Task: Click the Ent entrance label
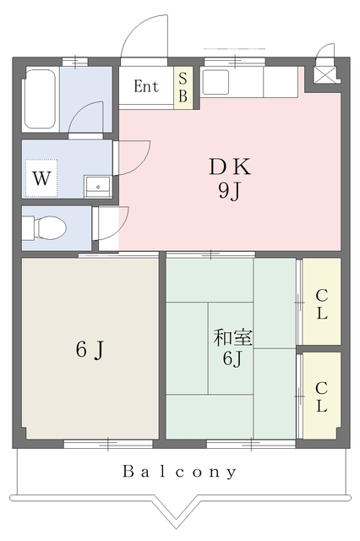(146, 86)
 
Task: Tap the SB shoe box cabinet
(183, 88)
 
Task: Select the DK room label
(230, 167)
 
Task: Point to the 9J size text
(229, 190)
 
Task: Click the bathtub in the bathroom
(40, 100)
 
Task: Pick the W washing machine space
(41, 178)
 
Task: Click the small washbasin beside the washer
(98, 187)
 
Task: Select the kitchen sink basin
(215, 82)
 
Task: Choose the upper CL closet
(322, 301)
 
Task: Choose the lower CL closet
(322, 396)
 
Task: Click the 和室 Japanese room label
(232, 338)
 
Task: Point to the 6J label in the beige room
(90, 349)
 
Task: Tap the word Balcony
(180, 472)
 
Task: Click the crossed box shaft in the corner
(325, 75)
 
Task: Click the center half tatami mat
(231, 348)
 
